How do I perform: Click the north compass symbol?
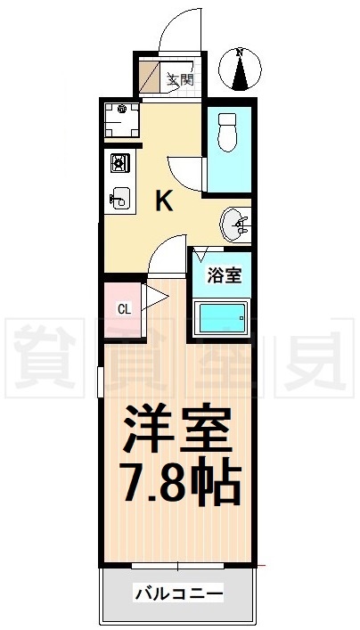pos(240,70)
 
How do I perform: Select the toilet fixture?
pos(228,134)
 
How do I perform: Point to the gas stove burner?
pos(119,164)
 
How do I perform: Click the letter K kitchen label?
pos(165,201)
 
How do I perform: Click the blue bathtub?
pos(221,317)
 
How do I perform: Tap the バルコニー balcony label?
pos(177,593)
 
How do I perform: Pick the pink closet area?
pos(122,310)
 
